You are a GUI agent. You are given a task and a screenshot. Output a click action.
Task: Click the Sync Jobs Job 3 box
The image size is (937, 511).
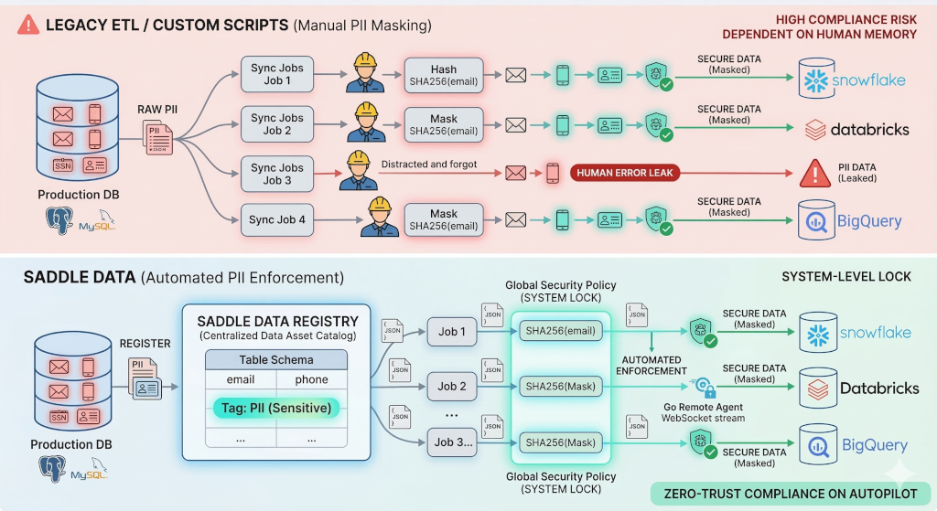(277, 174)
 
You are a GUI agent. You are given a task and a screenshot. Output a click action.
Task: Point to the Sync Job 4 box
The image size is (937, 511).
(277, 219)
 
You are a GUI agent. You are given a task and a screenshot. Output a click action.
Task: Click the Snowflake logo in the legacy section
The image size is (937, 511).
(853, 80)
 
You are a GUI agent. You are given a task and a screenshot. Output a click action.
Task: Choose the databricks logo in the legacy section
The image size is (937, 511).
(856, 129)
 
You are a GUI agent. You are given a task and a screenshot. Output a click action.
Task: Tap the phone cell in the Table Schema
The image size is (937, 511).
(311, 379)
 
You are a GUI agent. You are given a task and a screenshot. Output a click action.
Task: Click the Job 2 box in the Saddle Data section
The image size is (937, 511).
(451, 386)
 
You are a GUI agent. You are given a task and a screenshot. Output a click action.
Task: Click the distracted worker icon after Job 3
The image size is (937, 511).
(358, 171)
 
